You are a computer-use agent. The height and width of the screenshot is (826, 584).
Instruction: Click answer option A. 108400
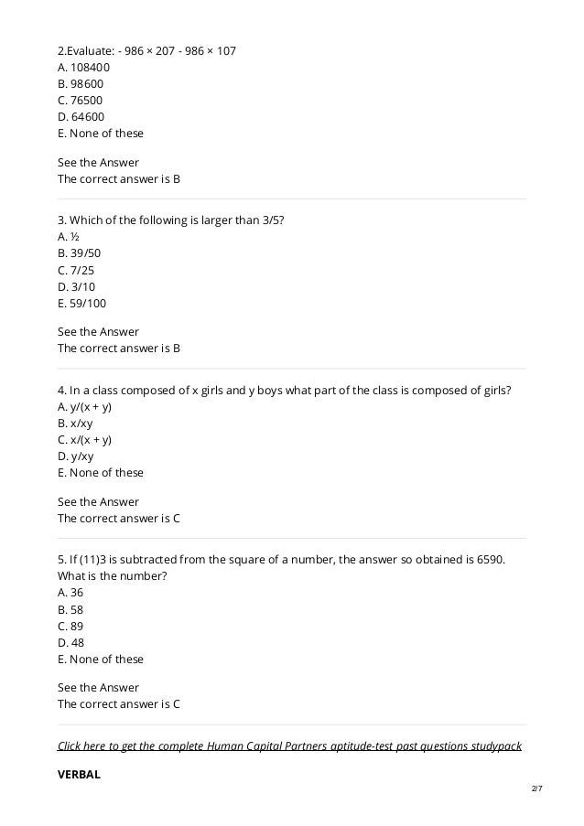coord(83,67)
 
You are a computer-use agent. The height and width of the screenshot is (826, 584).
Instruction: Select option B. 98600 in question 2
coord(80,83)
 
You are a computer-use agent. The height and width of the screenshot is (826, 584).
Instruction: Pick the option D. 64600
coord(81,116)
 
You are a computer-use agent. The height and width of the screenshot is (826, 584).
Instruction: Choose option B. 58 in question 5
coord(70,608)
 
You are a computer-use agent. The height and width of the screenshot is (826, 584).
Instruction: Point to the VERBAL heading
coord(79,774)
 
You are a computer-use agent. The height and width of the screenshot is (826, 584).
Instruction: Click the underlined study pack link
coord(289,746)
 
